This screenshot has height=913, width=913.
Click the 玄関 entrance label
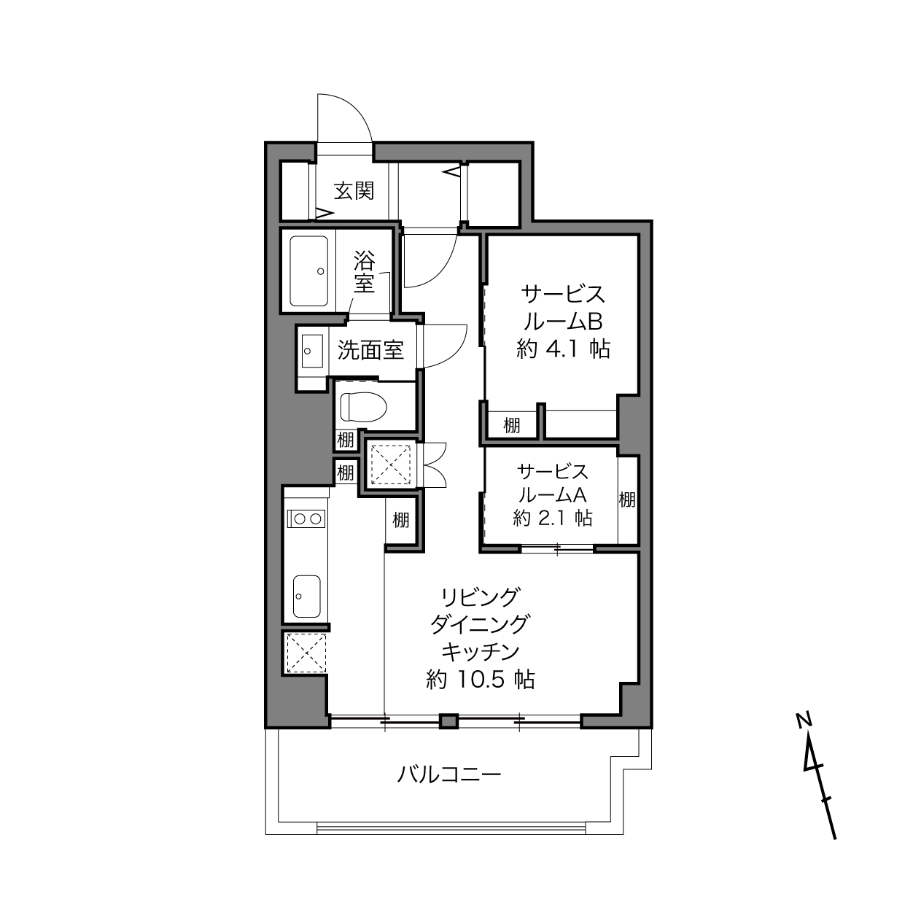pyautogui.click(x=354, y=190)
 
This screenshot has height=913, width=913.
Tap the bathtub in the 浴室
pyautogui.click(x=309, y=271)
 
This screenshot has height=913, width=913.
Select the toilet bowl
pyautogui.click(x=363, y=406)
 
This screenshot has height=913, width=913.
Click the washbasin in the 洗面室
pyautogui.click(x=312, y=351)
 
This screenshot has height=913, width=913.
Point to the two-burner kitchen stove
pyautogui.click(x=306, y=518)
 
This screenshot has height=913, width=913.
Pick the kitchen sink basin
pyautogui.click(x=306, y=596)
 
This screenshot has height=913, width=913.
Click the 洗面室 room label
pyautogui.click(x=370, y=350)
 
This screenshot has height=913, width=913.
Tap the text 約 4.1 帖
pyautogui.click(x=563, y=349)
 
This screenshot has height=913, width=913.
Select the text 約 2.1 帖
pyautogui.click(x=553, y=518)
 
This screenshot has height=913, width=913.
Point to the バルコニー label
pyautogui.click(x=448, y=775)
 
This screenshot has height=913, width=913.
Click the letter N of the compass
pyautogui.click(x=804, y=720)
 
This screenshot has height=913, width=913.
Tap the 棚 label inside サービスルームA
pyautogui.click(x=627, y=500)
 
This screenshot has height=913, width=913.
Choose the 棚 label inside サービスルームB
pyautogui.click(x=512, y=425)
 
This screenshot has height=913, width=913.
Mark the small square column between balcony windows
pyautogui.click(x=448, y=721)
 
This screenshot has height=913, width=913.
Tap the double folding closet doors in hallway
pyautogui.click(x=435, y=465)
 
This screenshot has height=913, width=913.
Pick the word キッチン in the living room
pyautogui.click(x=481, y=652)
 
